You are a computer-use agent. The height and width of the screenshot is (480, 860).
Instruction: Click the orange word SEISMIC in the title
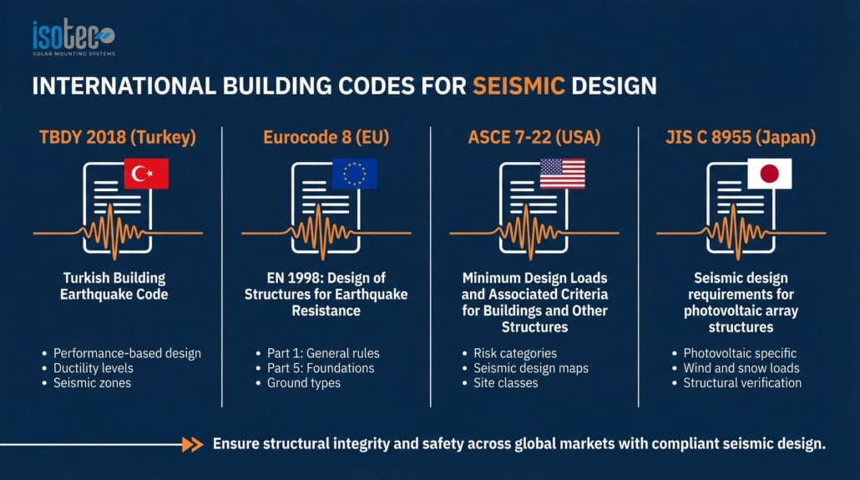[519, 86]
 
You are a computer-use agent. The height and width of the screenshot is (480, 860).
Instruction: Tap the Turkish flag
[146, 174]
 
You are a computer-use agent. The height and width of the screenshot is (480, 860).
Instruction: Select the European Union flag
[354, 174]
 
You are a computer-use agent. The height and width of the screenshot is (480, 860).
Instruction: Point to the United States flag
[562, 174]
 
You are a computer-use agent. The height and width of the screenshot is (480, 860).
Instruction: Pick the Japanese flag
[769, 174]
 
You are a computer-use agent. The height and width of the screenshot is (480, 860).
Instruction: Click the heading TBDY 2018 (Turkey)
[117, 137]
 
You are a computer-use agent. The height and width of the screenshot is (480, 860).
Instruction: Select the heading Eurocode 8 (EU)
[326, 137]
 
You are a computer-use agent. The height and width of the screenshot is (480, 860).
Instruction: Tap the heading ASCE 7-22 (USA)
[534, 137]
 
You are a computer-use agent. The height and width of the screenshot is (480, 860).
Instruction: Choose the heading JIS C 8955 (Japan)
[741, 137]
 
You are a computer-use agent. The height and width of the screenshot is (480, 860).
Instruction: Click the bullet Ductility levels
[94, 368]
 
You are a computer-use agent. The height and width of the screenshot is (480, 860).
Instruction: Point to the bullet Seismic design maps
[530, 368]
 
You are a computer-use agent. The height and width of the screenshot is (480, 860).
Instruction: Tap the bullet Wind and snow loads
[741, 368]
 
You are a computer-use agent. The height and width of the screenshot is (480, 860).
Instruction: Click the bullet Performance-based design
[127, 353]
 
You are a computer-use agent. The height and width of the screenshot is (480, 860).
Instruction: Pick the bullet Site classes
[505, 383]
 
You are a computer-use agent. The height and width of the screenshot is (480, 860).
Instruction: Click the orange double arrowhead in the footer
[193, 445]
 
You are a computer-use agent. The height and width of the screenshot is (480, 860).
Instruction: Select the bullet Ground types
[303, 383]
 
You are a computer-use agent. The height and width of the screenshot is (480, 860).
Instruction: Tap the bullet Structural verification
[742, 383]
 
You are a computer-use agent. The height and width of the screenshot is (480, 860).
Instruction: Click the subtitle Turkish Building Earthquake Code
[114, 286]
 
